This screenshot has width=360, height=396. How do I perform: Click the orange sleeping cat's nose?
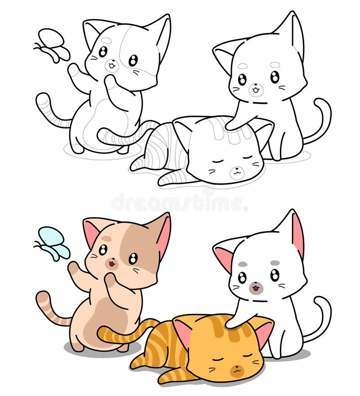pyautogui.click(x=235, y=369)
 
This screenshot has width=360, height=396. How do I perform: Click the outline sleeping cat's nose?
pyautogui.click(x=235, y=170)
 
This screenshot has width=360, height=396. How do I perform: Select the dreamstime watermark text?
pyautogui.click(x=180, y=202)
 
